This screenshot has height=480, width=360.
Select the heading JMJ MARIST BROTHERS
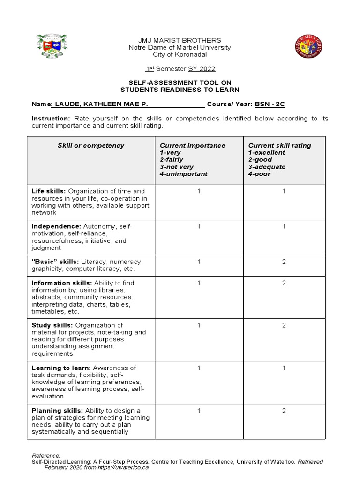click(180, 40)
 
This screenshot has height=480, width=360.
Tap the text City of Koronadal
click(180, 55)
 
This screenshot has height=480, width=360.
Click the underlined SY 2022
click(202, 69)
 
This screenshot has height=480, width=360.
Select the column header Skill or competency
click(91, 145)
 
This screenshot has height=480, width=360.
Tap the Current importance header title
click(192, 145)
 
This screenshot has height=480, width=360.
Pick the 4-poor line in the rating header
click(259, 174)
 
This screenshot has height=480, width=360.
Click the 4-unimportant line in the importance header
click(183, 174)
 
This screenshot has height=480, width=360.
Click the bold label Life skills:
click(49, 191)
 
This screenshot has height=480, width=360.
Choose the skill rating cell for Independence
click(284, 226)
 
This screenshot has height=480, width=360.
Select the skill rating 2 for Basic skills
click(284, 262)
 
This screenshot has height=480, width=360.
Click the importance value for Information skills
click(199, 283)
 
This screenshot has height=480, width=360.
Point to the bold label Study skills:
click(52, 325)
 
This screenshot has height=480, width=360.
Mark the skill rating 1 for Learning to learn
click(284, 368)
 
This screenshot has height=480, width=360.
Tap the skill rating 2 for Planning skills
click(284, 411)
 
